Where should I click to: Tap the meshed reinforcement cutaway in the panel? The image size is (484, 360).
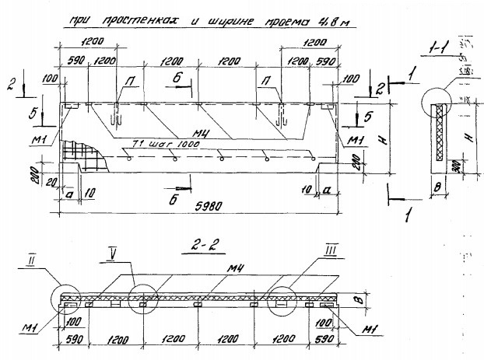[x=87, y=152]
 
